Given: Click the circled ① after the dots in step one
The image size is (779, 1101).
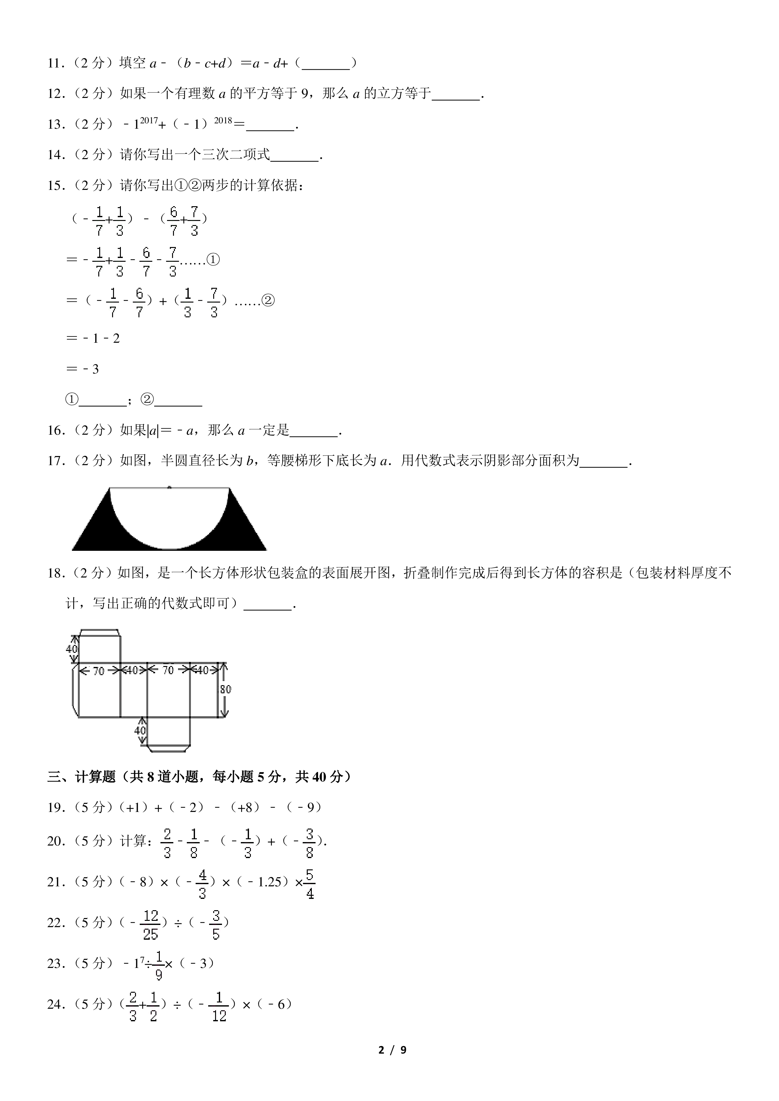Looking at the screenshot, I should (213, 260).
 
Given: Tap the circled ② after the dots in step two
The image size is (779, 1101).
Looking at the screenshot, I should (268, 301).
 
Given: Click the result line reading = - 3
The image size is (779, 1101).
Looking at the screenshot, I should (83, 369).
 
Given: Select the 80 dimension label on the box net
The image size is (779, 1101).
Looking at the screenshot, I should (225, 689).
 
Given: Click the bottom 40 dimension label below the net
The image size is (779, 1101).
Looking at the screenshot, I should (140, 730).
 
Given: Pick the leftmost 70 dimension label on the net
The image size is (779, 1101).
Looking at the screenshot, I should (98, 671).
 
